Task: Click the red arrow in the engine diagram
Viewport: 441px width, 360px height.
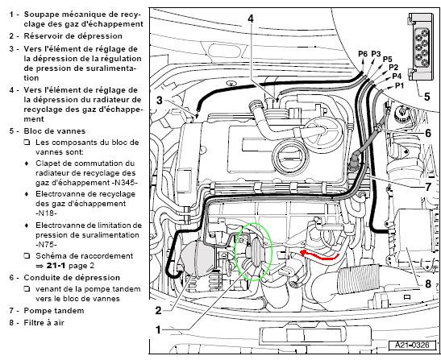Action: (321, 257)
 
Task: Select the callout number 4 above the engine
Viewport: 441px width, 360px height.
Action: (251, 19)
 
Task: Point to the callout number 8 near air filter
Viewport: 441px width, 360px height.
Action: (428, 284)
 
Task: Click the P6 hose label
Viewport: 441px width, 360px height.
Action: (363, 54)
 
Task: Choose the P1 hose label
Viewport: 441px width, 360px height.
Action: (398, 85)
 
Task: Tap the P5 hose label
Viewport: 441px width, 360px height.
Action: (387, 60)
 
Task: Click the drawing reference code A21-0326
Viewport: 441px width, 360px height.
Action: (412, 346)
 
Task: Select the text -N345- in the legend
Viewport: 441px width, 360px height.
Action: (123, 183)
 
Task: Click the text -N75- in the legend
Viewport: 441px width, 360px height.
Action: (47, 245)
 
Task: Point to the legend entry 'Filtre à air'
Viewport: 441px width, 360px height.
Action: (44, 323)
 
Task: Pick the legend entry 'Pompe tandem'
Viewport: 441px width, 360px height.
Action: (54, 311)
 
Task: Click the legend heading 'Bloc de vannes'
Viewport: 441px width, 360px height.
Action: (55, 131)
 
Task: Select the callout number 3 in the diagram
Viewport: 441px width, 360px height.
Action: (160, 100)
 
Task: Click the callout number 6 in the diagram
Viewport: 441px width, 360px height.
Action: (428, 133)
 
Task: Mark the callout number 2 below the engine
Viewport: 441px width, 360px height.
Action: (159, 311)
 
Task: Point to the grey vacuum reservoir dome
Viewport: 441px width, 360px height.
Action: (195, 259)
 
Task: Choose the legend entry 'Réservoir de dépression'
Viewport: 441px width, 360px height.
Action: (73, 36)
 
